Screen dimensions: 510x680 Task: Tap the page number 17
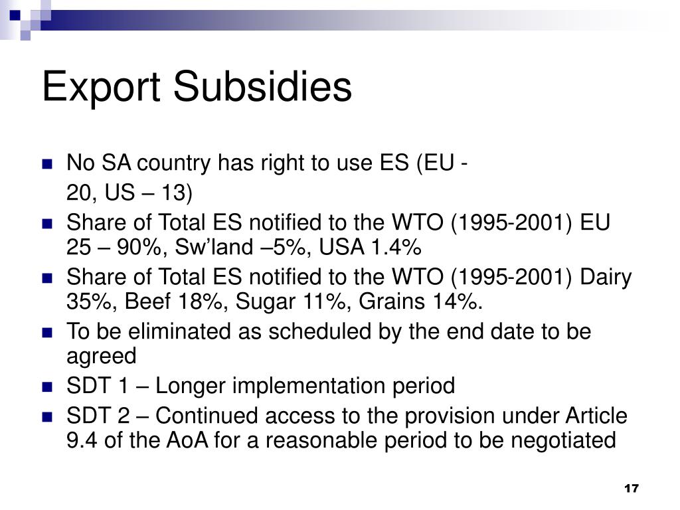pos(631,489)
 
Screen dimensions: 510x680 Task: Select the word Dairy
pos(606,277)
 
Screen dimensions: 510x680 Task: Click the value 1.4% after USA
pos(396,248)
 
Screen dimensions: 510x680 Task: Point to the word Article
pos(596,416)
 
